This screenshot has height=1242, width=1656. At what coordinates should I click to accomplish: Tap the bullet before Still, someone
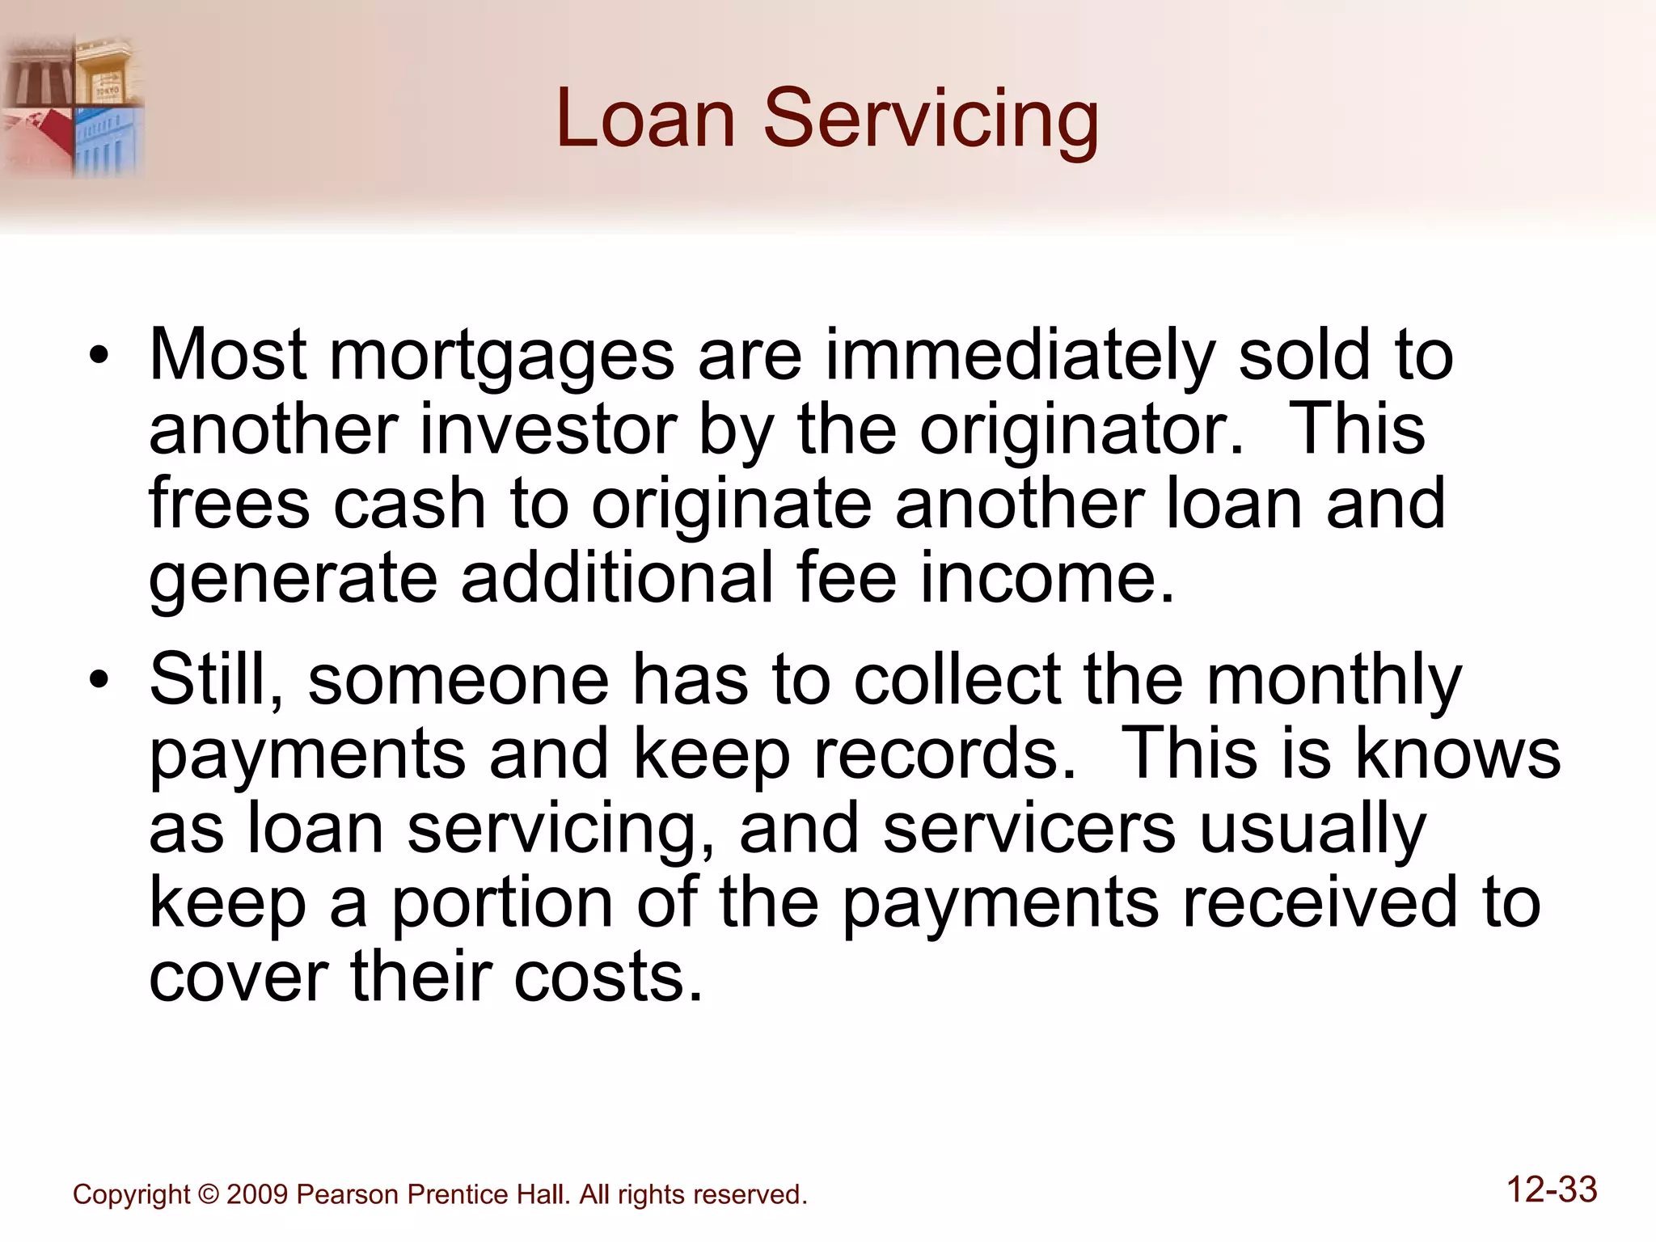point(99,679)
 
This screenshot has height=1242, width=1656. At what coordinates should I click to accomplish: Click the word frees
point(229,504)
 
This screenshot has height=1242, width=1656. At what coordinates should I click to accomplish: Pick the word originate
point(732,504)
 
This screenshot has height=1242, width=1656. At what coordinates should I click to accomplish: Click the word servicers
point(1029,828)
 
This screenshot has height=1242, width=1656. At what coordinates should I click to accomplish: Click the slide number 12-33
point(1552,1190)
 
